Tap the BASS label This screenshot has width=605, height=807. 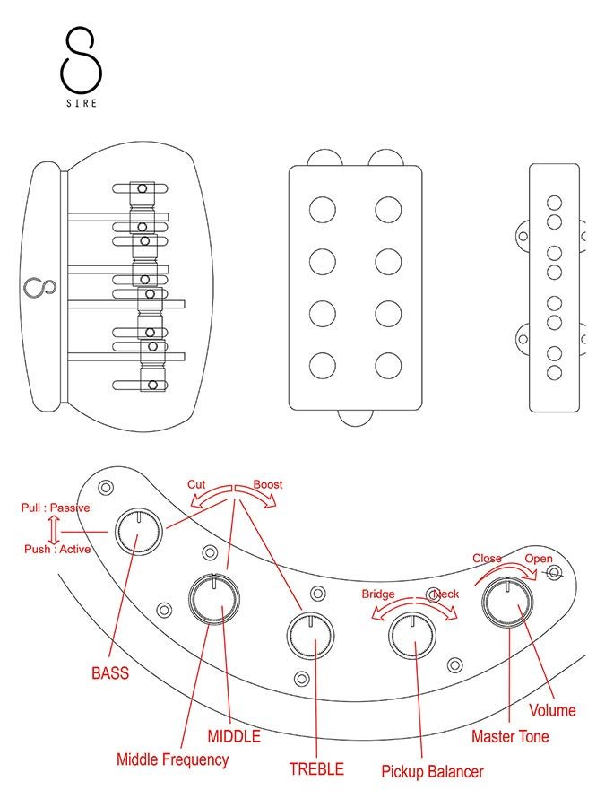click(110, 672)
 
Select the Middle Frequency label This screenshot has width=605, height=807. click(172, 759)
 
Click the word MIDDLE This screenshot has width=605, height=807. click(234, 736)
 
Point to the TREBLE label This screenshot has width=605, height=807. click(315, 768)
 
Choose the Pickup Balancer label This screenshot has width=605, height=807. click(432, 771)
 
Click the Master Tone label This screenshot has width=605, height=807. click(511, 736)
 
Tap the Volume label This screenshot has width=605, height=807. click(552, 710)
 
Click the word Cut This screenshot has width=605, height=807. click(196, 484)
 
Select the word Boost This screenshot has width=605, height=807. click(267, 484)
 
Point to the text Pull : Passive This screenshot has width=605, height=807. click(56, 508)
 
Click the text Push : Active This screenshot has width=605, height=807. click(57, 549)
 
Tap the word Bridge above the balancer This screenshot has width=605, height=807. click(378, 594)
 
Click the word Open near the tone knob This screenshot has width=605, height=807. click(539, 559)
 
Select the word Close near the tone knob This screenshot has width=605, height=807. click(487, 559)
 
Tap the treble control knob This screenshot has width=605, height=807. click(309, 636)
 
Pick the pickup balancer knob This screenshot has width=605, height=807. click(411, 638)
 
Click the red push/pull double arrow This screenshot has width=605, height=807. click(53, 528)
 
